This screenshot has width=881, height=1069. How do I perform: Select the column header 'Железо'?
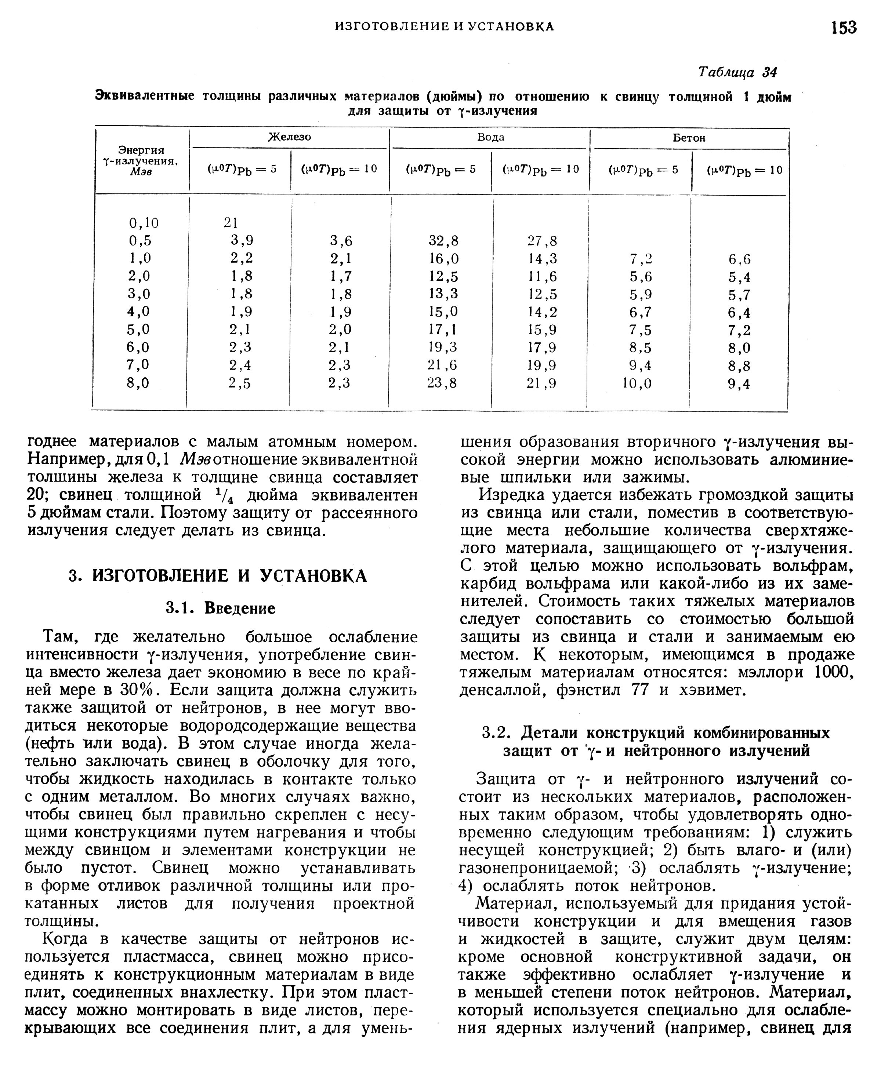coord(289,137)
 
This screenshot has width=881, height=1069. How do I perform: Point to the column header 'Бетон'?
coord(689,138)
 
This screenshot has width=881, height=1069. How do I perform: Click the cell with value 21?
coord(231,223)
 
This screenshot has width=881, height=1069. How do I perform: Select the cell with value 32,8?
coord(443,240)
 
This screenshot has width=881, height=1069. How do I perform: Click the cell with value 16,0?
coord(443,259)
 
